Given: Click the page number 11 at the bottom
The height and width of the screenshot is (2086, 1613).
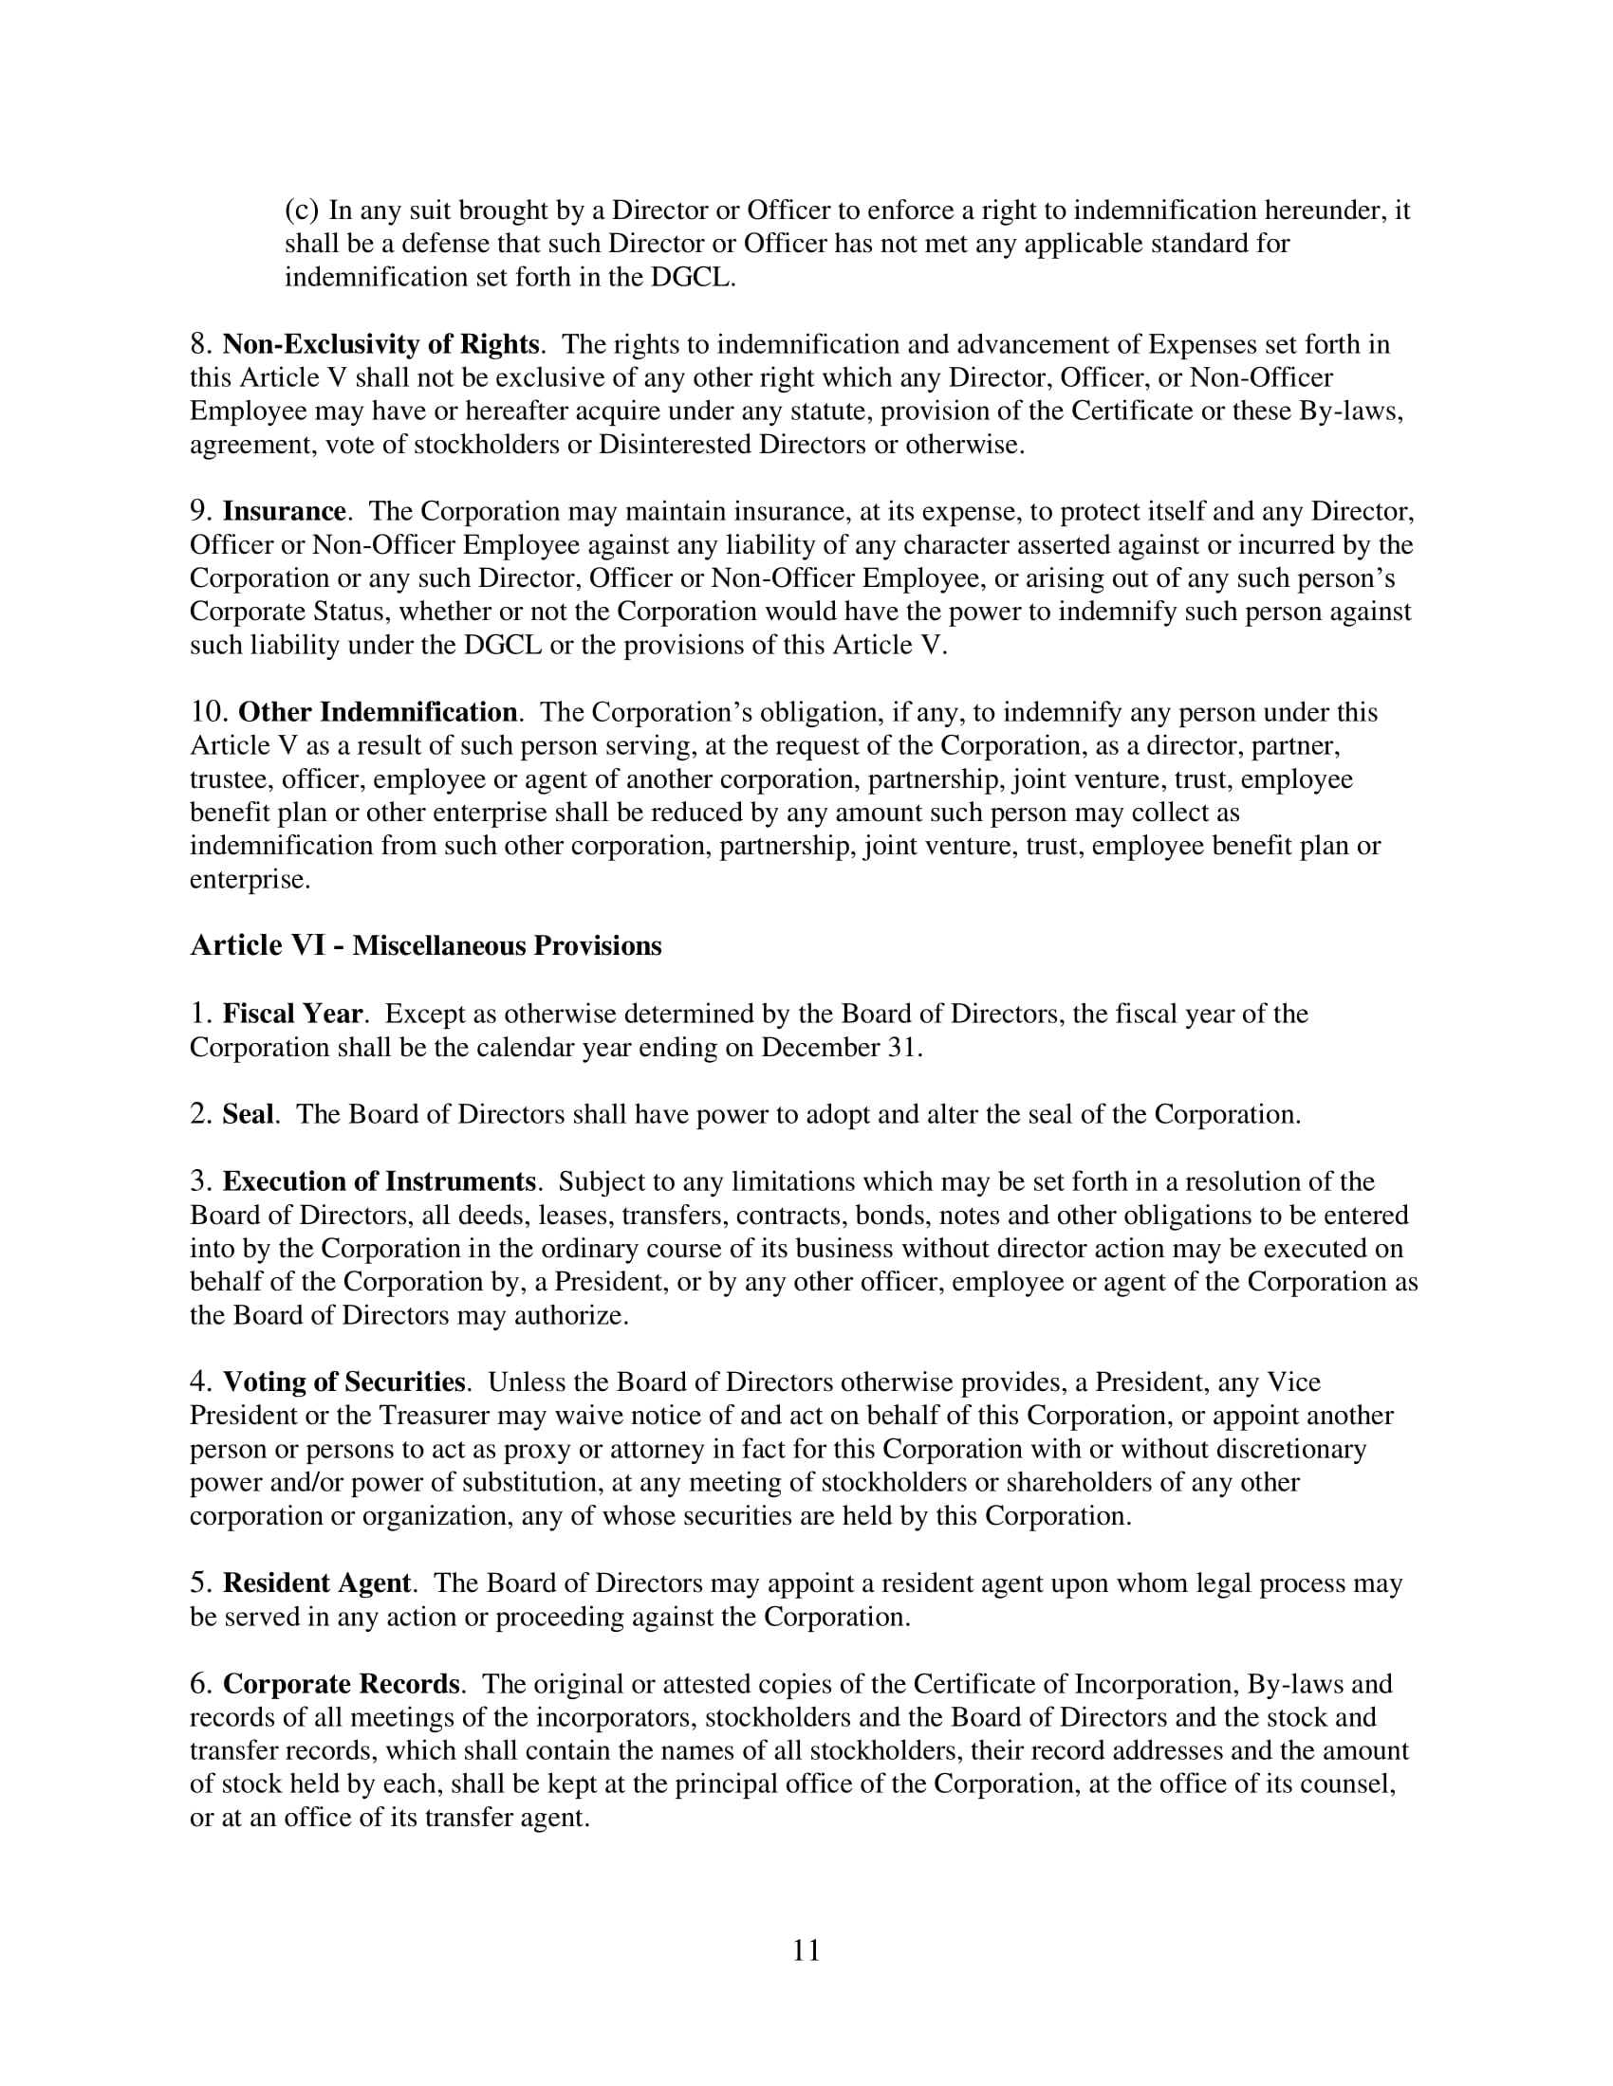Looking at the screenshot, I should click(x=806, y=1950).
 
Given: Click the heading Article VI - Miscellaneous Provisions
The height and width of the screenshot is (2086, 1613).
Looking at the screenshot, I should click(x=425, y=945).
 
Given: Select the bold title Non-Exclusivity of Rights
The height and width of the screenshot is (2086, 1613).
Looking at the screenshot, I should click(x=380, y=344).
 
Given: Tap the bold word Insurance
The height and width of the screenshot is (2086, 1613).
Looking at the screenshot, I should click(x=284, y=512).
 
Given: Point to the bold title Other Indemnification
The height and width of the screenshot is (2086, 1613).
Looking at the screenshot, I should click(x=378, y=712).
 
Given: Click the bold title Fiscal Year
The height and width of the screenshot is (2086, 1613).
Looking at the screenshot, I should click(x=292, y=1014).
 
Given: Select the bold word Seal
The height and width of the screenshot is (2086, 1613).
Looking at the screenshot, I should click(x=248, y=1115).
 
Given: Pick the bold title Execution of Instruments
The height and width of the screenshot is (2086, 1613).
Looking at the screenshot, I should click(x=379, y=1181).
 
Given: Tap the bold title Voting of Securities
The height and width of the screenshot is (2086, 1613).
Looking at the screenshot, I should click(x=344, y=1382).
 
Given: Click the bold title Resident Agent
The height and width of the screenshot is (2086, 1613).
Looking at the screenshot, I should click(x=316, y=1583).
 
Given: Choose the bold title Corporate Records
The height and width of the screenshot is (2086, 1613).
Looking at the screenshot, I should click(x=342, y=1684).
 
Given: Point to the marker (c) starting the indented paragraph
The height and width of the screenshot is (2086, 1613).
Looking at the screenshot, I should click(x=301, y=210).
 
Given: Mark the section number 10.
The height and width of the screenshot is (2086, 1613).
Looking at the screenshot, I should click(x=209, y=712).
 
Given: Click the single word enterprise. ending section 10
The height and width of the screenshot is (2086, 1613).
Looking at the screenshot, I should click(x=250, y=880).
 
